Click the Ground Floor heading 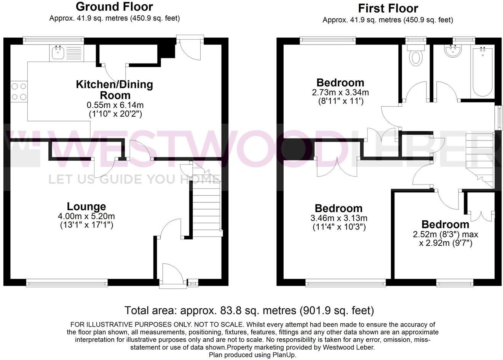coord(114,6)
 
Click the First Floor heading coord(388,8)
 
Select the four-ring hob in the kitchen coord(19,92)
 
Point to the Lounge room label coord(86,207)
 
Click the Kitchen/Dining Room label coord(114,89)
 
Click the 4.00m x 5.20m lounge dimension coord(86,216)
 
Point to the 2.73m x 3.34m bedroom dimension coord(340,92)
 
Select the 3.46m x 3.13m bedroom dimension coord(339,218)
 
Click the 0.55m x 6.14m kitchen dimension coord(114,105)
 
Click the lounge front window coord(67,283)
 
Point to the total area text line coord(249,311)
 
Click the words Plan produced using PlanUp coord(252,355)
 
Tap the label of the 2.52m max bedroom coord(445,225)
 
